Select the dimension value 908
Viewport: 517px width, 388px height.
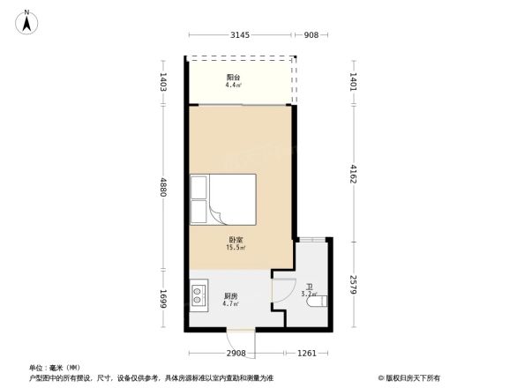coord(311,35)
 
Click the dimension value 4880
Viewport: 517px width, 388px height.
coord(163,187)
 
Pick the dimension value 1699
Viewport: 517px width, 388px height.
coord(163,298)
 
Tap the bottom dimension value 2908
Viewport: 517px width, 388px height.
coord(235,353)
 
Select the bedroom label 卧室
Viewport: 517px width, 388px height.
coord(236,239)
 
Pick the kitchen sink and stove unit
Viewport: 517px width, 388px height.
coord(199,295)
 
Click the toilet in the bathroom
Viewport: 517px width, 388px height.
coord(318,302)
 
